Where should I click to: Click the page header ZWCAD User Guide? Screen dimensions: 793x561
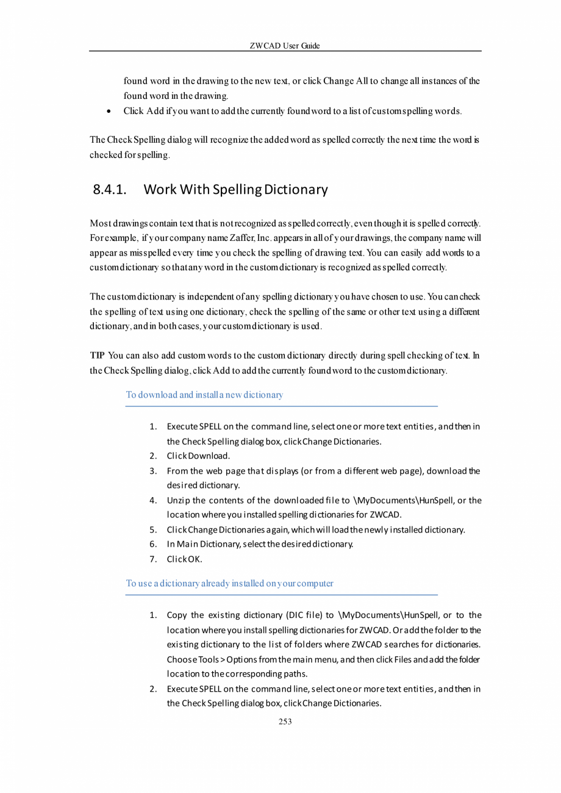[285, 46]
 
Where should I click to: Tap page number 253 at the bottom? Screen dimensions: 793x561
[285, 722]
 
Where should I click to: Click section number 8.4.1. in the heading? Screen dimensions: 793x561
[110, 190]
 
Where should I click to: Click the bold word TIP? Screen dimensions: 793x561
[97, 356]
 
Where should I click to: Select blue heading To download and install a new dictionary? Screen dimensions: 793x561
[204, 395]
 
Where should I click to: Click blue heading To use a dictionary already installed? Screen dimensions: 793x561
[229, 583]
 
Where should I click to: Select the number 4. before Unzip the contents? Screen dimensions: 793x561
[154, 501]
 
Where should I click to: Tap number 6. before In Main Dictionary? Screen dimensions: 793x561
[154, 544]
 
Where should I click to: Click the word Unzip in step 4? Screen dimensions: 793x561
[177, 501]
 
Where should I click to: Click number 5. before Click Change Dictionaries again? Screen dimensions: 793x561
[154, 529]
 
